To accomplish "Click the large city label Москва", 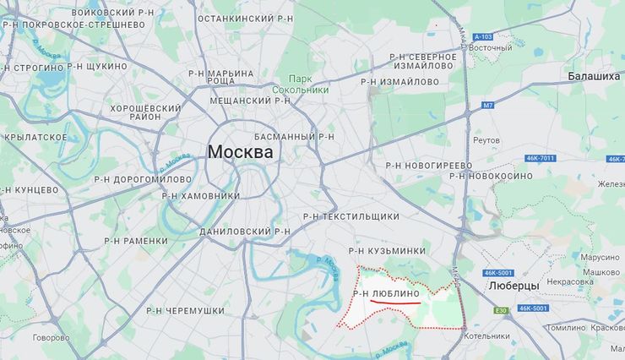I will point(241,153).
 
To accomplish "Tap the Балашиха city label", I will point(594,76).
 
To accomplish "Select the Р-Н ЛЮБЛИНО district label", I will point(386,293).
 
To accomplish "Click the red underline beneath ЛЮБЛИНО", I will point(395,302).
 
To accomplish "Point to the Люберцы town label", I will point(514,286).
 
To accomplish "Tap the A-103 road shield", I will point(482,36).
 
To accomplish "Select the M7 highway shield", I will point(487,106).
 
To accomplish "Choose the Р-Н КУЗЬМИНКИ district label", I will point(388,251).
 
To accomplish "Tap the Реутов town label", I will point(487,140).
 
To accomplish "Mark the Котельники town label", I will point(486,336).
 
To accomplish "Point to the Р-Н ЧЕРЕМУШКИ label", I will point(185,311).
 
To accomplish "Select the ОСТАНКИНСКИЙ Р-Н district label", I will point(245,18).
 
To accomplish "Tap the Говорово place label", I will point(52,338).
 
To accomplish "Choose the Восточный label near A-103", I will point(491,48).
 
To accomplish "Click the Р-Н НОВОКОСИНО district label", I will point(491,176).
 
